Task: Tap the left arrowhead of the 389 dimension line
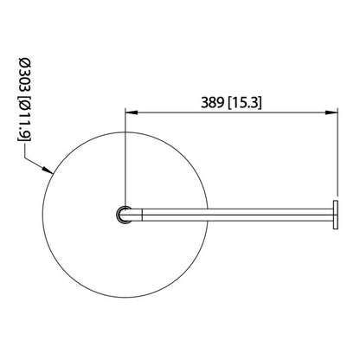130,111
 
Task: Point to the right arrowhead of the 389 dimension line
333,111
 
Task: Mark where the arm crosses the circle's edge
205,215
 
